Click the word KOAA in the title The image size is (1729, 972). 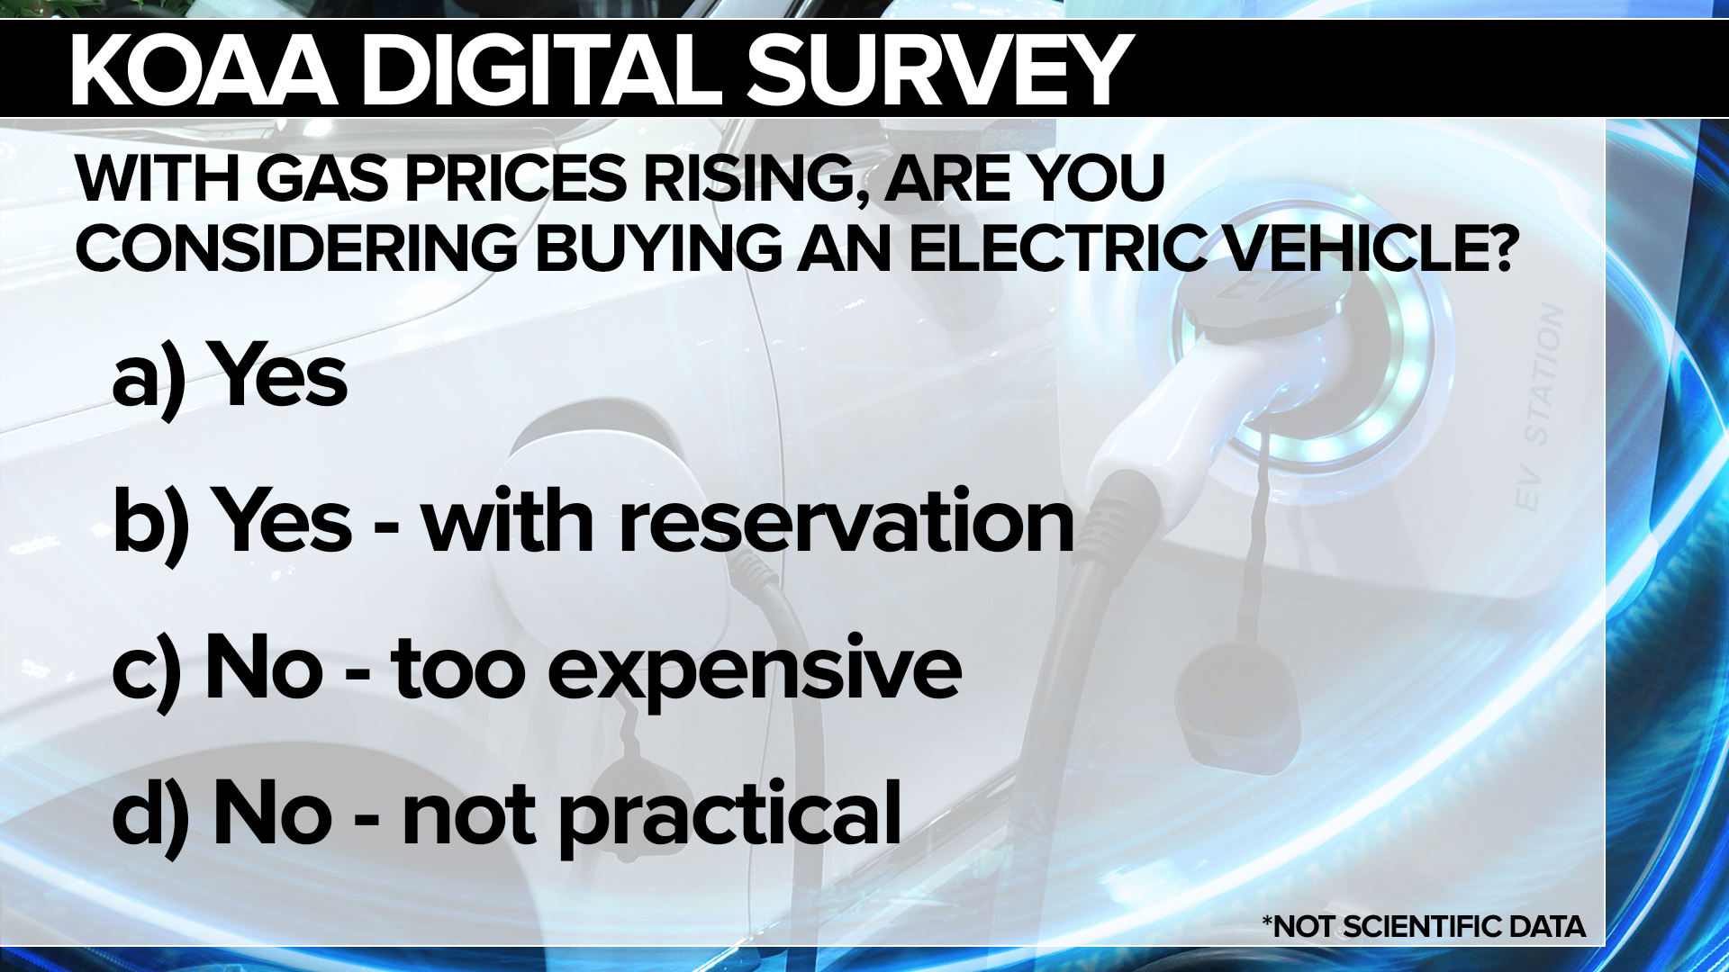point(204,72)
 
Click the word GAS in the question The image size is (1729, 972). point(321,178)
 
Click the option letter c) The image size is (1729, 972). point(147,670)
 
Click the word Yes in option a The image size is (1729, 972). point(277,376)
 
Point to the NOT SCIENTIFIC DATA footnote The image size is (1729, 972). point(1424,926)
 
